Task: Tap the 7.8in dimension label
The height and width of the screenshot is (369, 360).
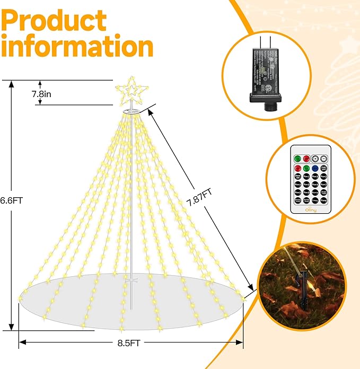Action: click(x=56, y=94)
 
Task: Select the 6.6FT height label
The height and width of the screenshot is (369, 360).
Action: click(x=12, y=201)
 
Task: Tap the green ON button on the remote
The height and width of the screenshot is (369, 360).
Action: click(x=297, y=159)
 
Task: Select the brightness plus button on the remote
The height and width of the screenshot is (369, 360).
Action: click(x=314, y=159)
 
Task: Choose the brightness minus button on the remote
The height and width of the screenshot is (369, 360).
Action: click(x=323, y=159)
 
